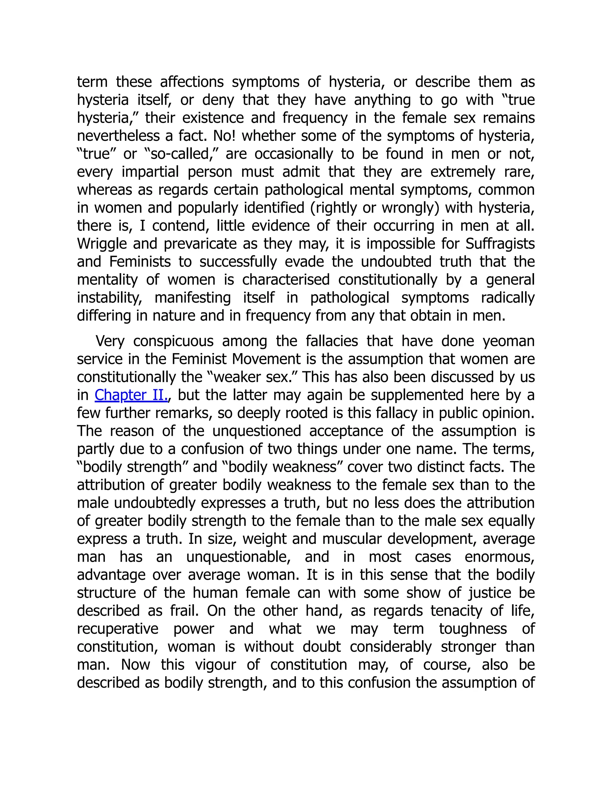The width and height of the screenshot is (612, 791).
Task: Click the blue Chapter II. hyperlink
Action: [131, 395]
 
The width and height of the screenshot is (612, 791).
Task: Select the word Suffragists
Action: [500, 244]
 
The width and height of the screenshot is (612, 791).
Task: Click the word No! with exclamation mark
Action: [224, 136]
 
